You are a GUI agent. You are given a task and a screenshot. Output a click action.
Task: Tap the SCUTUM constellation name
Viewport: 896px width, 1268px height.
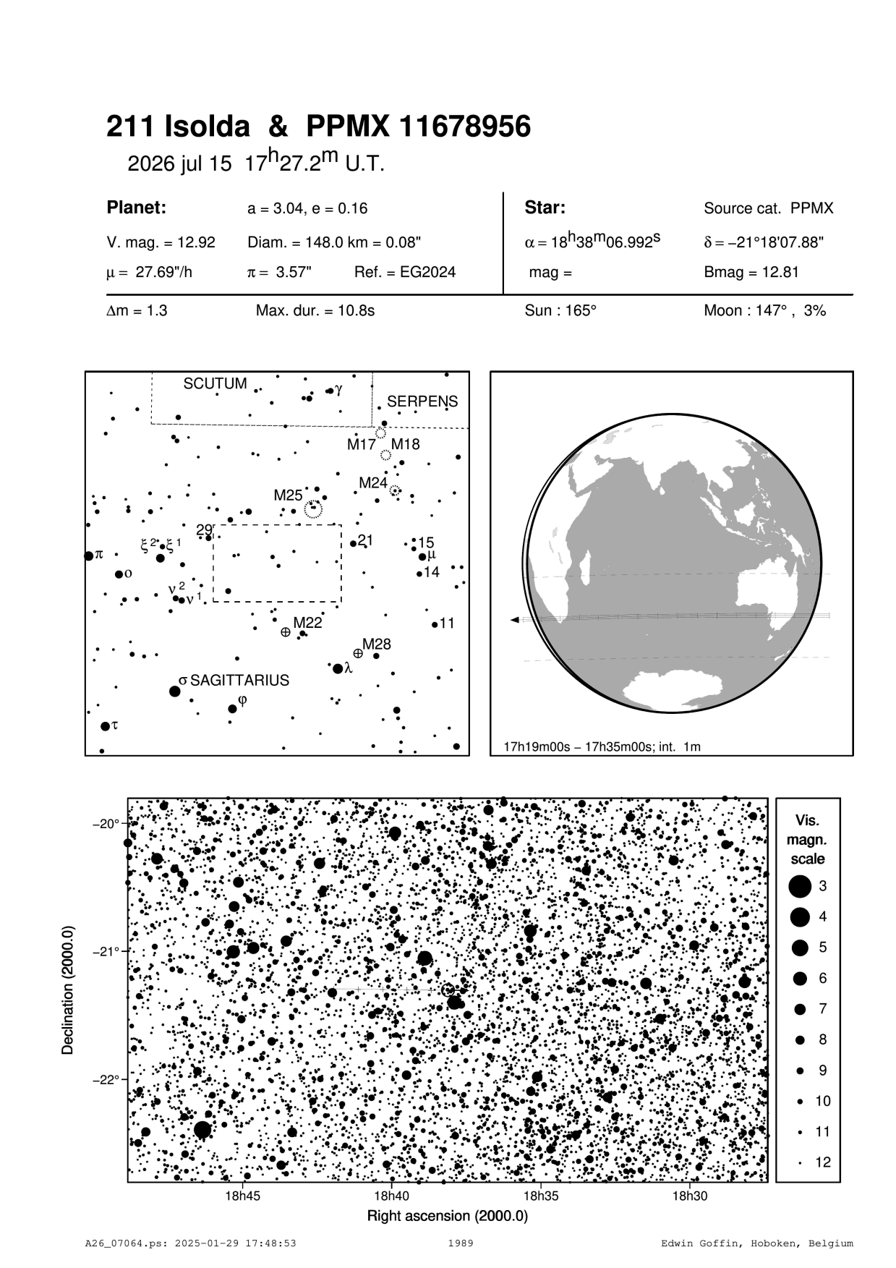(215, 383)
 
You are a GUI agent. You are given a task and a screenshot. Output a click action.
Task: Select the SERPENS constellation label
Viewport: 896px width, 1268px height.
(422, 401)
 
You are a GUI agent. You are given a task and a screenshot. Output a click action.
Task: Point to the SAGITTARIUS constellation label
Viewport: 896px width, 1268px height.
(239, 681)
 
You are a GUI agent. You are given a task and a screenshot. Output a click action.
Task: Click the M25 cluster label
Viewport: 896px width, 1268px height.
(288, 495)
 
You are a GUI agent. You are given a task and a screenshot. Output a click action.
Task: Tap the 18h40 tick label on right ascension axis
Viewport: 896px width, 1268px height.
(391, 1196)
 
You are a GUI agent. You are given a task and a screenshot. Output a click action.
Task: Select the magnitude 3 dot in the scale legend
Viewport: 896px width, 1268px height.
(800, 885)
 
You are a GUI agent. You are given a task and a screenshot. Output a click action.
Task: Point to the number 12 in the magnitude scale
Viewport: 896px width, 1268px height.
(823, 1162)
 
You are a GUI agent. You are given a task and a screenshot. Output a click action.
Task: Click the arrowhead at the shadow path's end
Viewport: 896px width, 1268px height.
(514, 620)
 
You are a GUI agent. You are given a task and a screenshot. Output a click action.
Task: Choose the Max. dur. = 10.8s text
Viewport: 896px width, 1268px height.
(315, 311)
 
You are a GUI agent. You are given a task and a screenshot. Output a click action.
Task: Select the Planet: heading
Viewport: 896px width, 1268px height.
(137, 208)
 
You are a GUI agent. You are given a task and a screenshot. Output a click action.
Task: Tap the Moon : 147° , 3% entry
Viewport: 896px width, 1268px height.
(764, 311)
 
